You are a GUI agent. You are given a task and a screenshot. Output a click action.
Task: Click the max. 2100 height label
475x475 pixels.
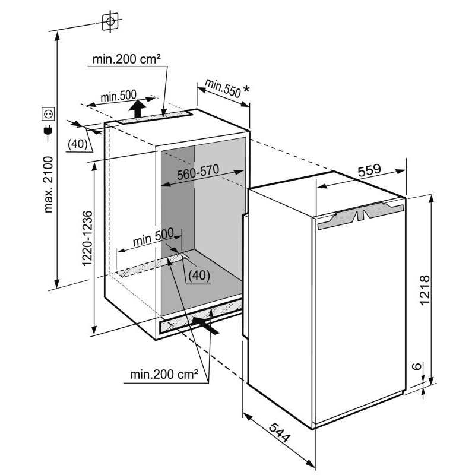pyautogui.click(x=49, y=185)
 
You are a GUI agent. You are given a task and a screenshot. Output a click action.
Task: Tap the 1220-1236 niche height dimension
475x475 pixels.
pyautogui.click(x=87, y=239)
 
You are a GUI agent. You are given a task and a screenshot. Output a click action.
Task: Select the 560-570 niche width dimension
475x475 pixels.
pyautogui.click(x=198, y=172)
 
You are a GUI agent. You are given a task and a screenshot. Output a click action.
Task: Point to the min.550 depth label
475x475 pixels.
pyautogui.click(x=223, y=88)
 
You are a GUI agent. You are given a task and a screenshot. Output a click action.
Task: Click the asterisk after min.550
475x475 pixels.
pyautogui.click(x=246, y=90)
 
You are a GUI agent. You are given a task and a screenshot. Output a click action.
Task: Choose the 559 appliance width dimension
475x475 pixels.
pyautogui.click(x=369, y=170)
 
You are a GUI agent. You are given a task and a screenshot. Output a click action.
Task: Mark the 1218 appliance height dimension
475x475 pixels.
pyautogui.click(x=425, y=290)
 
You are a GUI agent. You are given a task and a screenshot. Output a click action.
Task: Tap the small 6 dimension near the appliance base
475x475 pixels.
pyautogui.click(x=417, y=366)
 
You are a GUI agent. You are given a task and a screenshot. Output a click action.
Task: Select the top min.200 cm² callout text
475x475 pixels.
pyautogui.click(x=126, y=59)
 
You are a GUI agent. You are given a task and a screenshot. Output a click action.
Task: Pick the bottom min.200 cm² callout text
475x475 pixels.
pyautogui.click(x=164, y=375)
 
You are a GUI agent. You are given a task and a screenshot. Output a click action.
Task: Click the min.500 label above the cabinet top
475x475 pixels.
pyautogui.click(x=118, y=96)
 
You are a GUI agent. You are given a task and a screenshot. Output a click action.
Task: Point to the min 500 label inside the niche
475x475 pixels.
pyautogui.click(x=153, y=236)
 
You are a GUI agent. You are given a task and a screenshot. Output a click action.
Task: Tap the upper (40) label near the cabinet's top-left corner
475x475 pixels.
pyautogui.click(x=78, y=144)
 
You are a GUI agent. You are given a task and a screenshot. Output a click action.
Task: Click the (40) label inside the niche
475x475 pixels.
pyautogui.click(x=199, y=275)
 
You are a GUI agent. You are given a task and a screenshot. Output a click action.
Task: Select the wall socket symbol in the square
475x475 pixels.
pyautogui.click(x=48, y=114)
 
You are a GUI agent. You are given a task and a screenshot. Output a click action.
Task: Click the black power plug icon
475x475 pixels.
pyautogui.click(x=48, y=131)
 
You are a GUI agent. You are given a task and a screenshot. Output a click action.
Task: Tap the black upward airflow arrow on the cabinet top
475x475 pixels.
pyautogui.click(x=137, y=109)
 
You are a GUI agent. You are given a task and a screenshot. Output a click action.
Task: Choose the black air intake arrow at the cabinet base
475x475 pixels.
pyautogui.click(x=205, y=325)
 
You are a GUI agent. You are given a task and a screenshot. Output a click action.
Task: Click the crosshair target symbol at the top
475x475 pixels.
pyautogui.click(x=110, y=21)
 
